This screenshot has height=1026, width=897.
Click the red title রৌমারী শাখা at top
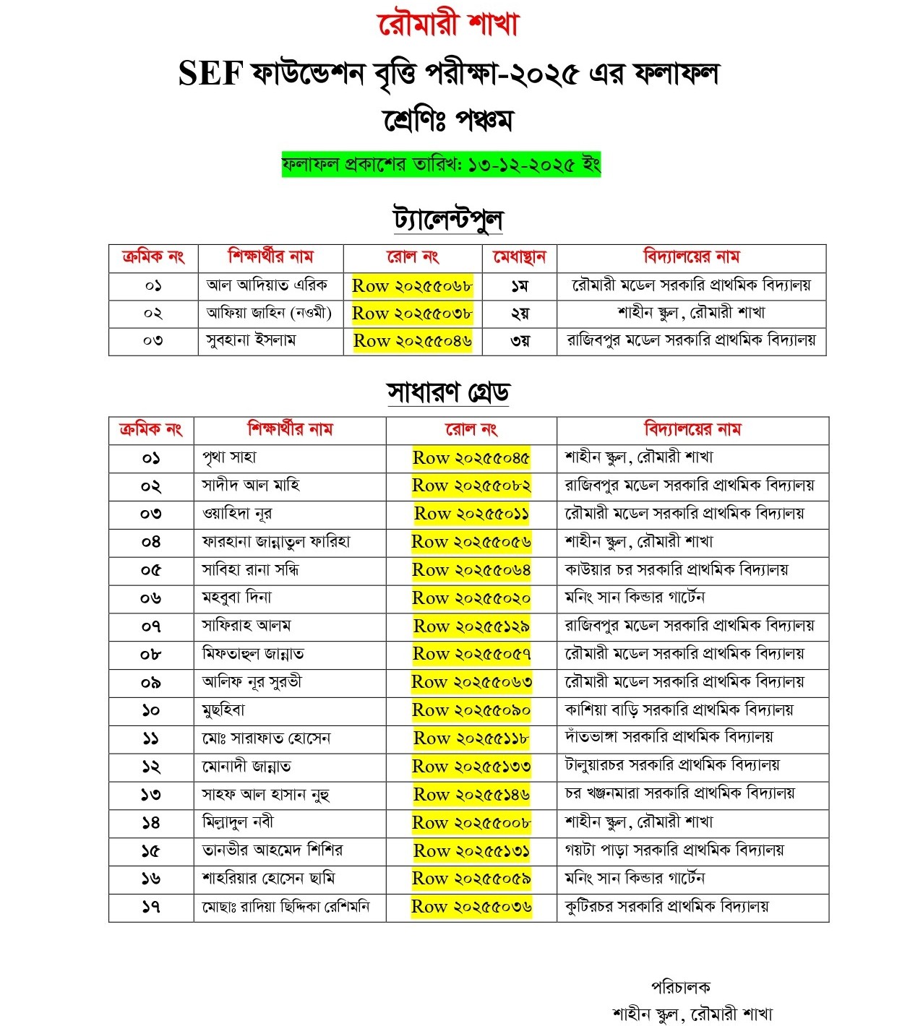(448, 24)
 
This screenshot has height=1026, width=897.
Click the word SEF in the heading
(209, 74)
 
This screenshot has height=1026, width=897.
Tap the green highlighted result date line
(441, 165)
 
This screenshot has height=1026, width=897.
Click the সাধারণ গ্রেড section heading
(448, 392)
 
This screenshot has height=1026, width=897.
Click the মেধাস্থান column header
(519, 257)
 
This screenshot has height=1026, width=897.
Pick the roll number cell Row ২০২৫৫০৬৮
(412, 285)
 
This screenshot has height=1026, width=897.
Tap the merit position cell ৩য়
(519, 341)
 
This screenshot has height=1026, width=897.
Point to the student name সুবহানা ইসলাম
(251, 340)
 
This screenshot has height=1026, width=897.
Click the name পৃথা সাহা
(229, 457)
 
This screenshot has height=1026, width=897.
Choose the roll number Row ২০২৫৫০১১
(471, 514)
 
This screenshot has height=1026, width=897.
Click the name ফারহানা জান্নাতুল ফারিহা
(276, 542)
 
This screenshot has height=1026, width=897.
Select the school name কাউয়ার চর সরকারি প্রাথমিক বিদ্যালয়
(677, 570)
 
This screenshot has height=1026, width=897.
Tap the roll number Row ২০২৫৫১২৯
(471, 626)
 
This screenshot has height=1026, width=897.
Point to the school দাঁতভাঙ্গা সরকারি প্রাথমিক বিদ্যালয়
(669, 738)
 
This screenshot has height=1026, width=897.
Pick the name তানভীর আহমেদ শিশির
(272, 850)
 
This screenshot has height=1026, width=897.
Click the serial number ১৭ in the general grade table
(150, 907)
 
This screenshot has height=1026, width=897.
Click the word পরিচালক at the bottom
(681, 987)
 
